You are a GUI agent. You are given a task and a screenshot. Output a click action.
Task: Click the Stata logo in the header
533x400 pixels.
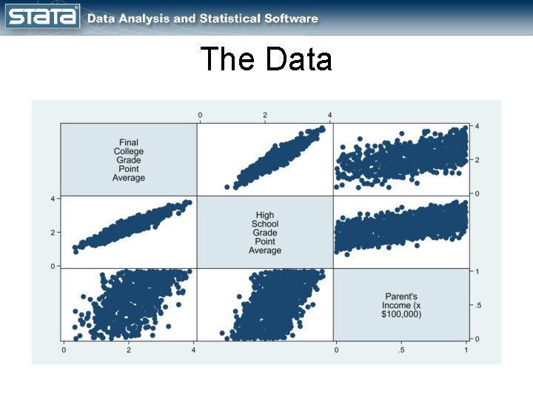pos(42,16)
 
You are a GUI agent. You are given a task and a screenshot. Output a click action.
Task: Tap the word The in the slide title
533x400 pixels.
pos(227,59)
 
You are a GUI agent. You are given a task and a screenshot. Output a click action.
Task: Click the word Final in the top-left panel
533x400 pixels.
pos(129,142)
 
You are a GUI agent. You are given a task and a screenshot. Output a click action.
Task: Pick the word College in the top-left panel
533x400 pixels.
pos(129,151)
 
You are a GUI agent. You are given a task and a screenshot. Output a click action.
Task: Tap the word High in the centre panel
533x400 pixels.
pos(265,216)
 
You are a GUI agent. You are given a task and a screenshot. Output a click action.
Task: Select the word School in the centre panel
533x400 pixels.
pos(265,224)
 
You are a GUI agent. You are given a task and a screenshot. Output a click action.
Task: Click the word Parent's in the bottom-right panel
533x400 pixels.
pos(401,296)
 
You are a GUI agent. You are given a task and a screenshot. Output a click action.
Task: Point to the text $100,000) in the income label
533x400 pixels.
pos(401,314)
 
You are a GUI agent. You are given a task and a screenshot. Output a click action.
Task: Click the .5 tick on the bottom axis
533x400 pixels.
pos(400,350)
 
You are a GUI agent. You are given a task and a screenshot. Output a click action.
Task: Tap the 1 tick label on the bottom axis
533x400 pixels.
pos(466,350)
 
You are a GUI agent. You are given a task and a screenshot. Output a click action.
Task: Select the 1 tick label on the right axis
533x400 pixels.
pos(477,271)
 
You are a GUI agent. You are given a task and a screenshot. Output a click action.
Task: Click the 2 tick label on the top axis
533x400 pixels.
pos(265,115)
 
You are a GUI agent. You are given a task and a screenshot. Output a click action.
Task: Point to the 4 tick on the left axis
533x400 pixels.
pos(53,199)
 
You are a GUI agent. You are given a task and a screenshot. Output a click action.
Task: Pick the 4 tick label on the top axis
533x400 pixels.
pos(329,115)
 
